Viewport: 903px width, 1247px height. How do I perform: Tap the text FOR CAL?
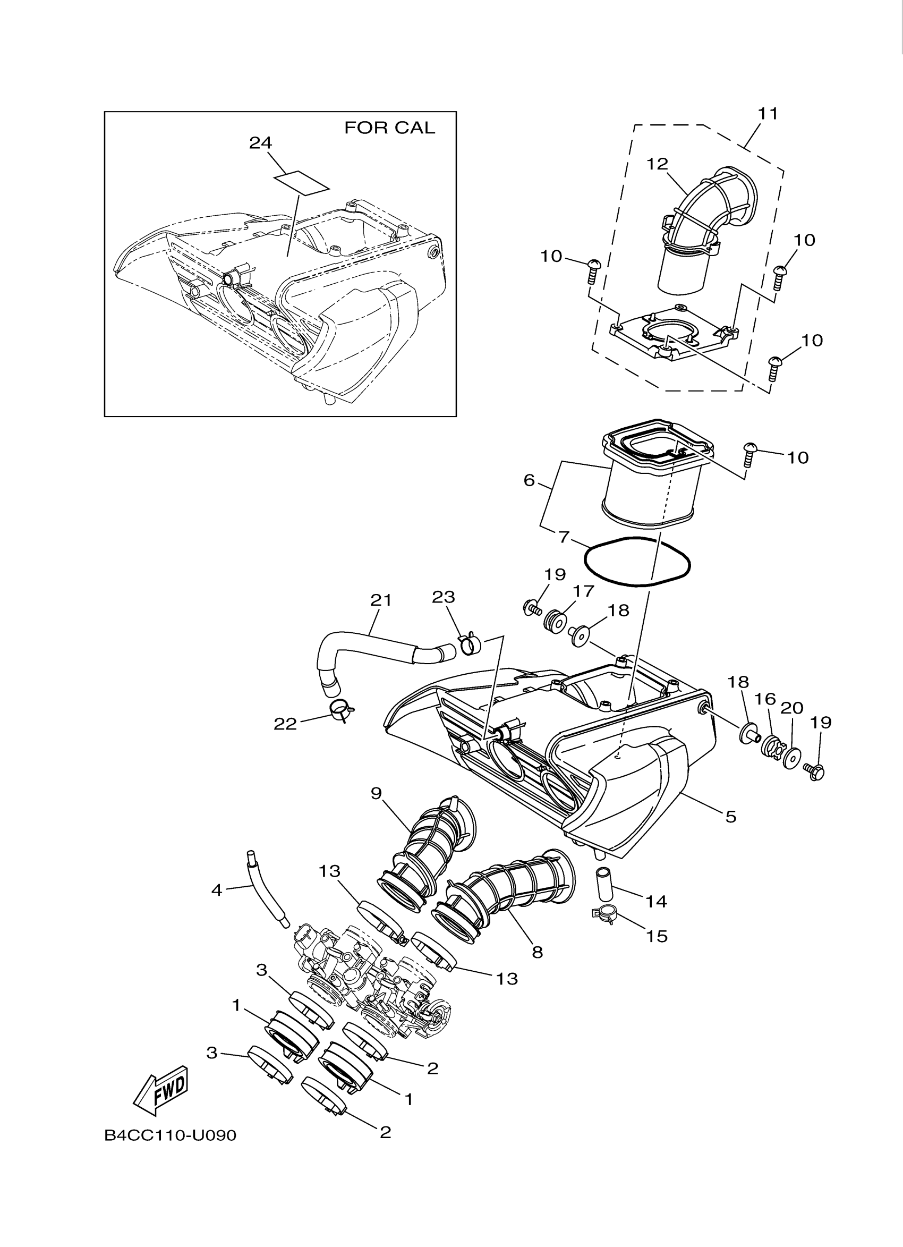point(389,128)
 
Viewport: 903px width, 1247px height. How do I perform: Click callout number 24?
point(260,143)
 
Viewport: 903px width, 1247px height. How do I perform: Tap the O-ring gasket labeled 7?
point(636,563)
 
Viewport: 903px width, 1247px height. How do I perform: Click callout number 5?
point(730,832)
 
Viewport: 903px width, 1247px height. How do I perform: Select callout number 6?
point(529,480)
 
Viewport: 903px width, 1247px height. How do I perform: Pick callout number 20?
point(792,708)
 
